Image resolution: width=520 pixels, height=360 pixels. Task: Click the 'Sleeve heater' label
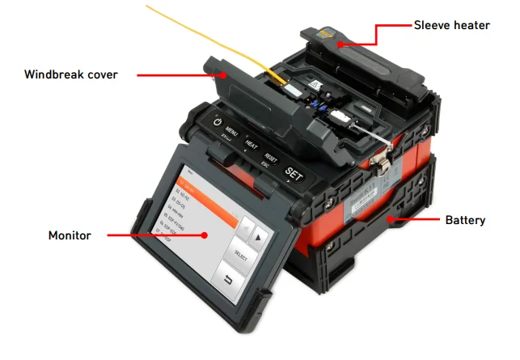click(x=451, y=25)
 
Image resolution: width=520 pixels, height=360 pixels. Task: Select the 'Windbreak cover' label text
click(x=71, y=74)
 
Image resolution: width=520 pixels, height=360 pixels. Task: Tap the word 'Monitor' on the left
click(x=70, y=235)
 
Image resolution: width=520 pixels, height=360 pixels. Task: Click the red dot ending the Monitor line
click(x=205, y=235)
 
